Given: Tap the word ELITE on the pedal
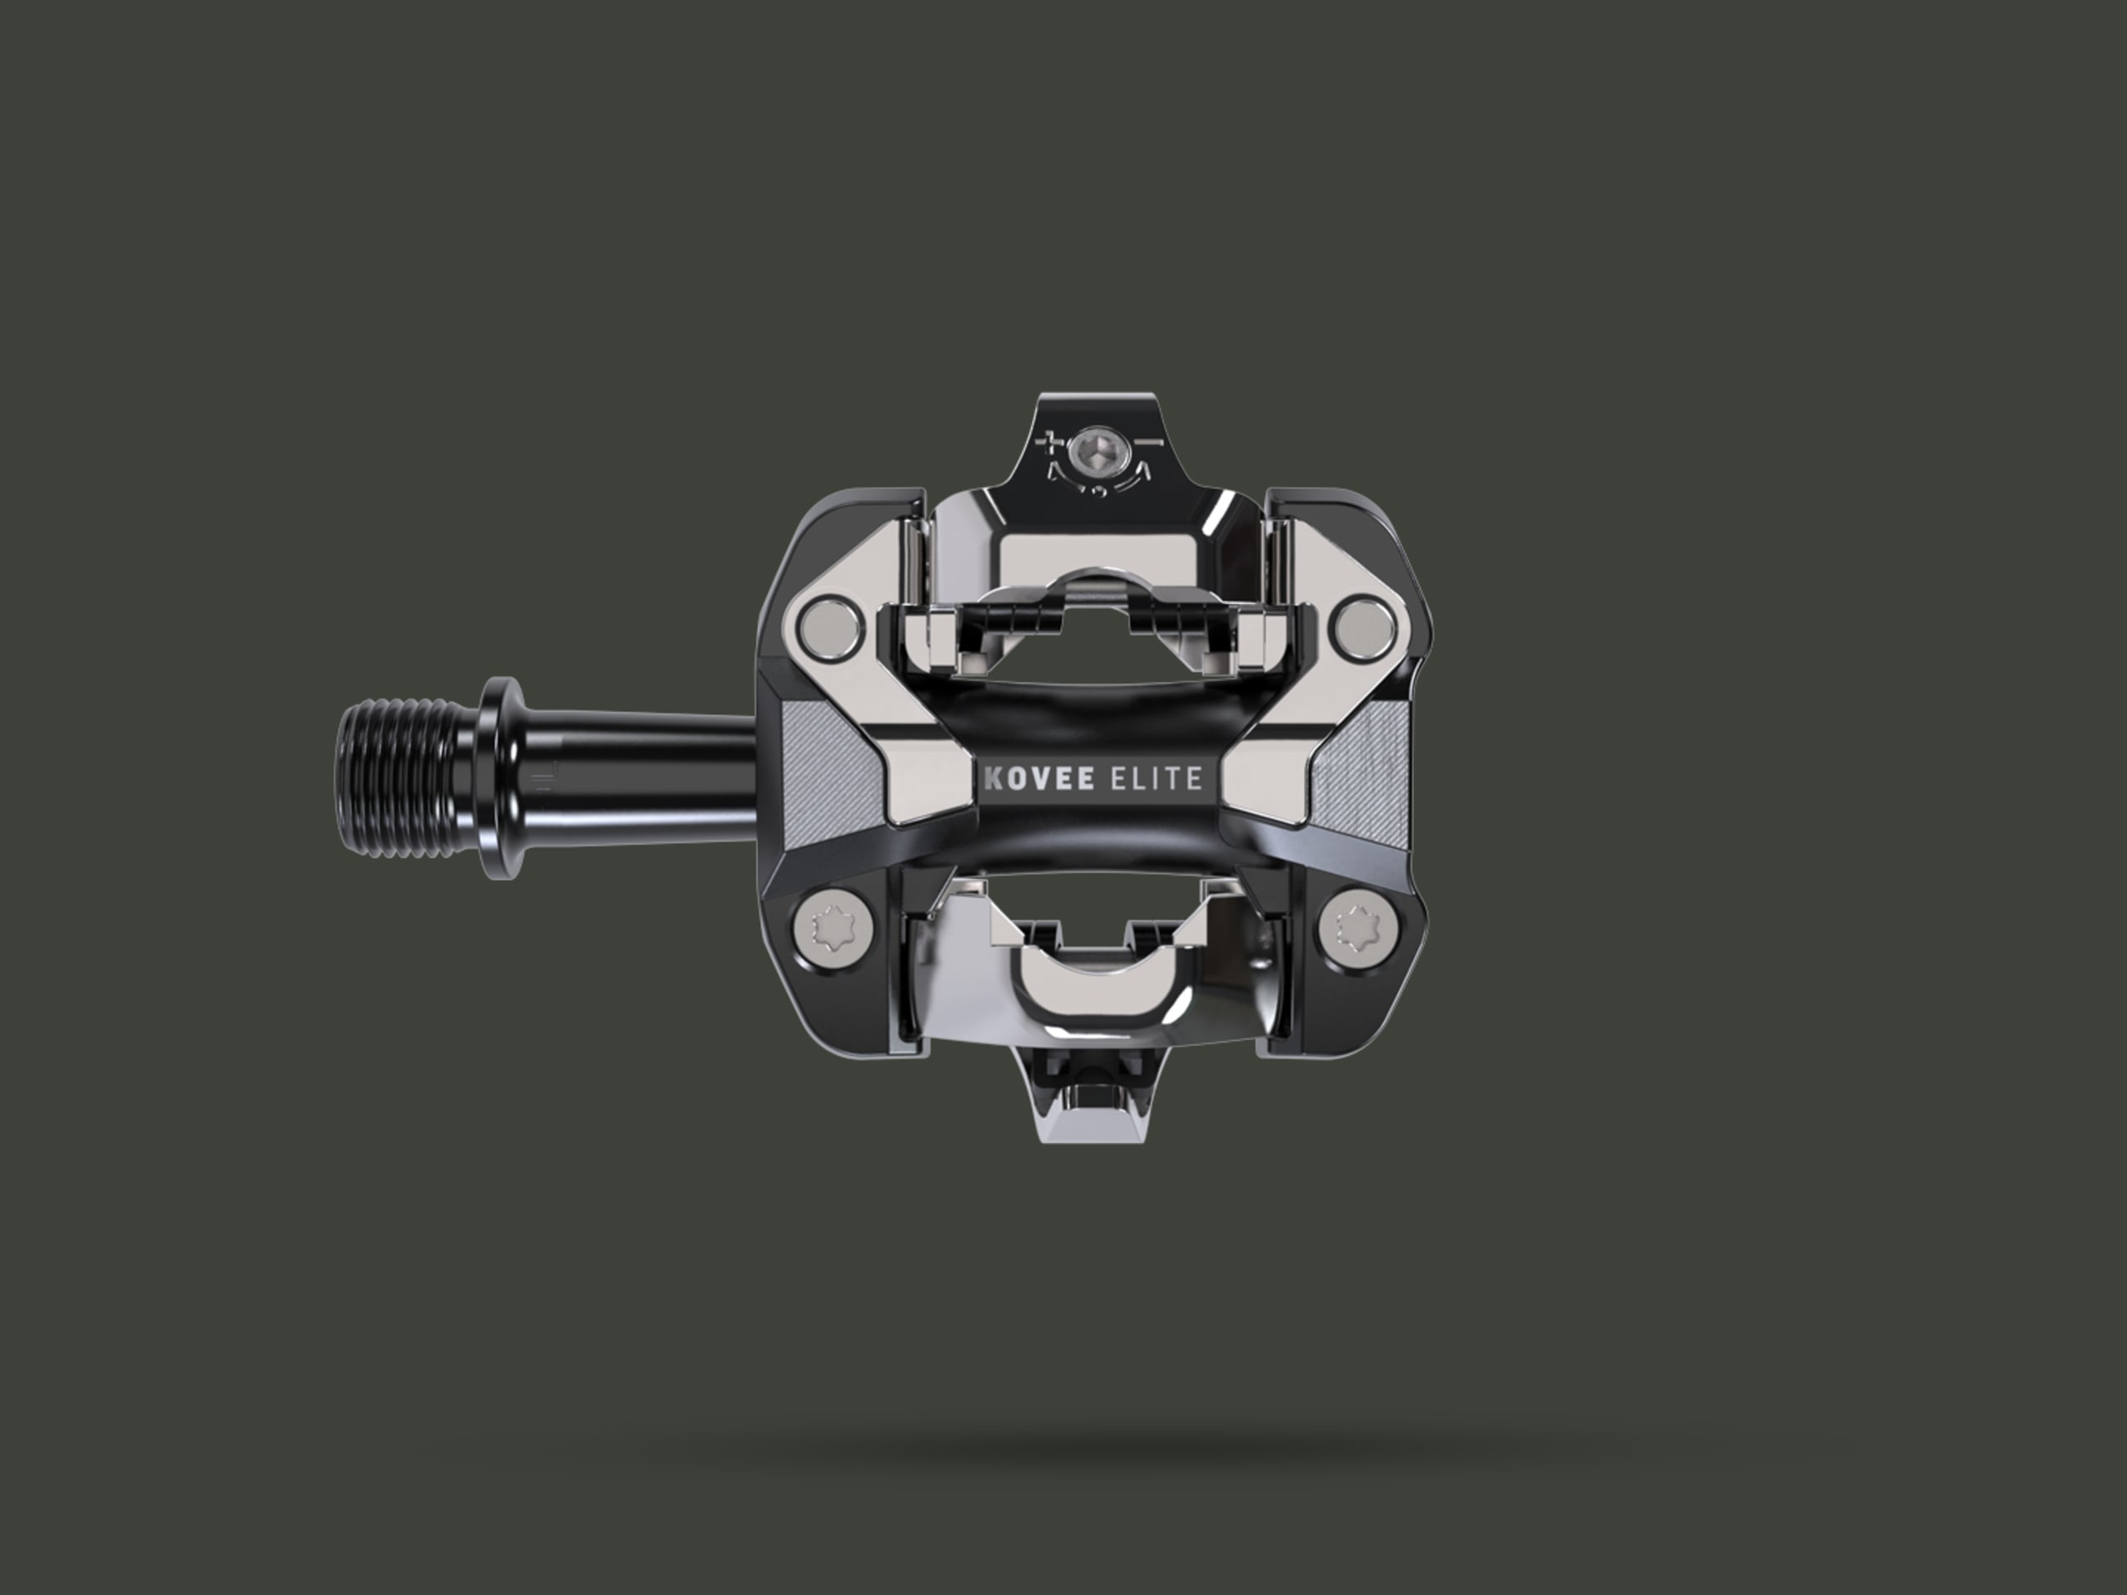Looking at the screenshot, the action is tap(1156, 778).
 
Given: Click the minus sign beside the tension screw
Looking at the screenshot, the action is tap(1150, 441).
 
